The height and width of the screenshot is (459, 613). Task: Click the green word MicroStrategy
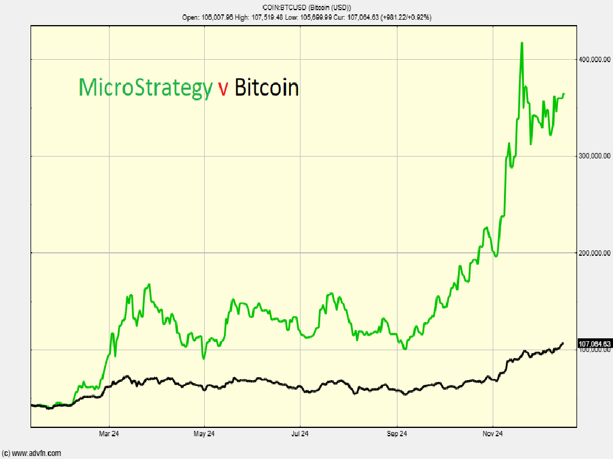pyautogui.click(x=145, y=88)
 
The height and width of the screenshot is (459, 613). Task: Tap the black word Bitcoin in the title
pyautogui.click(x=266, y=88)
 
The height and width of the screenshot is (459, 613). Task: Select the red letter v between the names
pyautogui.click(x=223, y=88)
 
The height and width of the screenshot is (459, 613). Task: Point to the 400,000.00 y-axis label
pyautogui.click(x=594, y=59)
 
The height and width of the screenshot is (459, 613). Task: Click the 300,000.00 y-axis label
pyautogui.click(x=594, y=156)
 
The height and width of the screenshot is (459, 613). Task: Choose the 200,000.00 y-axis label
pyautogui.click(x=594, y=253)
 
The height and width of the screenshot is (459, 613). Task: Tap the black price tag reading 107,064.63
pyautogui.click(x=594, y=344)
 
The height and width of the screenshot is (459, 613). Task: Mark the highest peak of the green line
pyautogui.click(x=522, y=43)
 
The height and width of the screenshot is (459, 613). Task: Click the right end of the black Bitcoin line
pyautogui.click(x=563, y=343)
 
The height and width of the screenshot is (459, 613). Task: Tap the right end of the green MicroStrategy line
pyautogui.click(x=565, y=93)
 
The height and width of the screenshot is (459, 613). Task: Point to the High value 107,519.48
pyautogui.click(x=265, y=17)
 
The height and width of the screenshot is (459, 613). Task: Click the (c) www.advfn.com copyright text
pyautogui.click(x=31, y=453)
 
